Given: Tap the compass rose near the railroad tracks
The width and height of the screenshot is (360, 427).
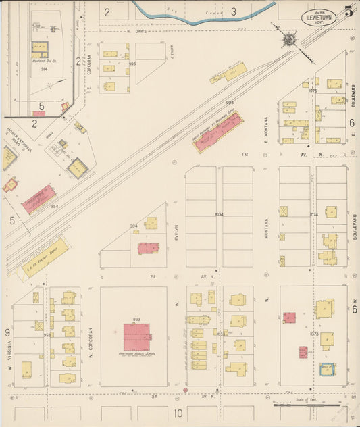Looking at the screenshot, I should coord(289,41).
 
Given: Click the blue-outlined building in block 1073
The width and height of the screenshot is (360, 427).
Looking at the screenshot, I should coord(327,370).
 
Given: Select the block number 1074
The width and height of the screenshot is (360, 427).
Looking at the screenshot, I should coord(313,215).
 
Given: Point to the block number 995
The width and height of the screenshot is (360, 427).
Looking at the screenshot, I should coord(132,64).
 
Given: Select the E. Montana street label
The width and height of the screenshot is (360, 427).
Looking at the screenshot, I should coord(265,129).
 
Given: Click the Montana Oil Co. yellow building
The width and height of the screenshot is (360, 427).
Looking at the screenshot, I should coord(40,49).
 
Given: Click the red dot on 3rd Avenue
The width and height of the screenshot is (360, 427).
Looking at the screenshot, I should coord(185,391).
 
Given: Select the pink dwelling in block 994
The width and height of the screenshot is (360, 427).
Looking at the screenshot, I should coord(148,247).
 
